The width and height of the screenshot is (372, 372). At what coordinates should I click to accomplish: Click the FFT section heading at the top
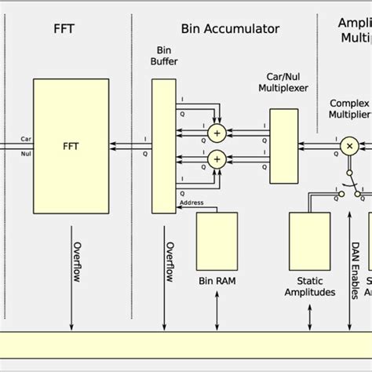click(64, 29)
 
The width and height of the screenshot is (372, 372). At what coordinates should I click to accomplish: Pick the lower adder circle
click(215, 160)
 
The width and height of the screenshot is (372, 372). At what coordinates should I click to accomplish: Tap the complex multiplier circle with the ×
click(348, 147)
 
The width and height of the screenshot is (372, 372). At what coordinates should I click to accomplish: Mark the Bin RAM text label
click(216, 281)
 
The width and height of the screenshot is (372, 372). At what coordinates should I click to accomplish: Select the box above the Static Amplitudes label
click(310, 240)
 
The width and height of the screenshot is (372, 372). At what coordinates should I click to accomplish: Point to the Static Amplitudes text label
click(310, 286)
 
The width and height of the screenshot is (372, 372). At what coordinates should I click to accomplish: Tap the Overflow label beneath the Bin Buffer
click(169, 265)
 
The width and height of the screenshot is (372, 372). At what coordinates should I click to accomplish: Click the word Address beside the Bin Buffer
click(192, 202)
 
